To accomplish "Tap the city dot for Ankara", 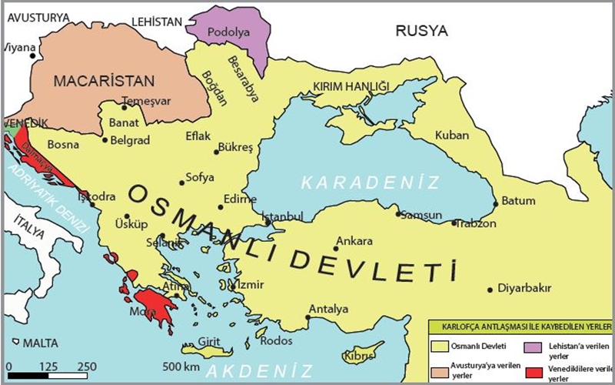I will [337, 248].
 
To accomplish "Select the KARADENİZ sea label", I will [370, 182].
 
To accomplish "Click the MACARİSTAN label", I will [103, 80].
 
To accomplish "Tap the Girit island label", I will [210, 341].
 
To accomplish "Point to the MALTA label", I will [41, 341].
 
